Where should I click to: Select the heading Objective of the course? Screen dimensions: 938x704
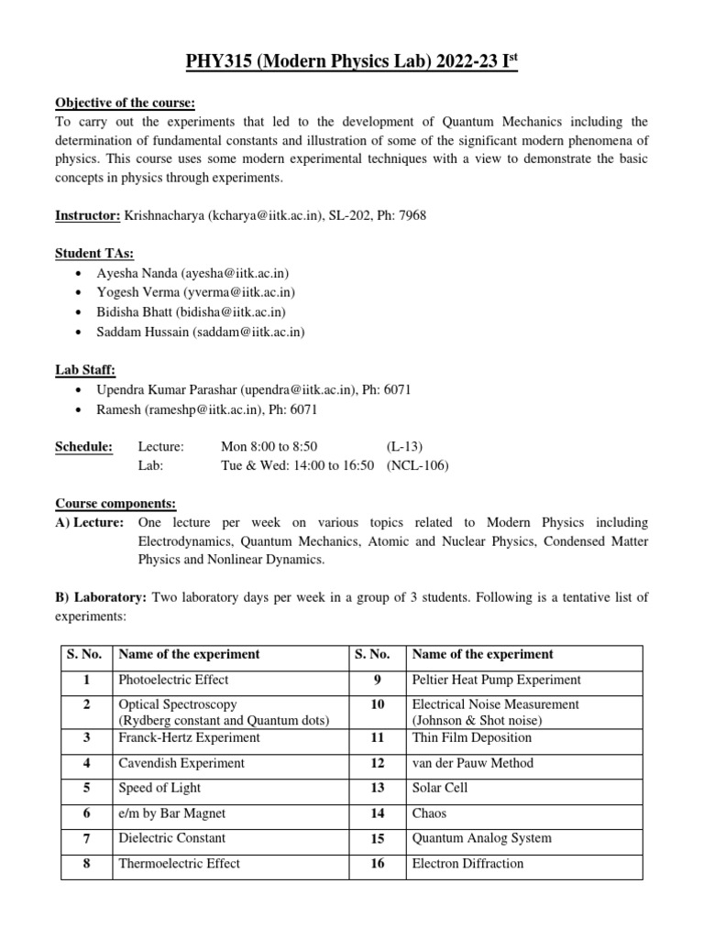coord(126,102)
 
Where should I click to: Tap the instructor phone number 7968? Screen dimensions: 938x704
coord(412,215)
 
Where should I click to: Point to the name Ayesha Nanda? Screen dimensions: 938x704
coord(137,273)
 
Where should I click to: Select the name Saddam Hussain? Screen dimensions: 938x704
coord(142,332)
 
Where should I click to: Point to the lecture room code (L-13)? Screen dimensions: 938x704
coord(404,446)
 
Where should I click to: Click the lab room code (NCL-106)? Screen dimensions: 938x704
coord(418,465)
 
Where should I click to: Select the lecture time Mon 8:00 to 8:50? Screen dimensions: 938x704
coord(269,446)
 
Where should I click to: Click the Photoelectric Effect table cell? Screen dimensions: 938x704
coord(174,680)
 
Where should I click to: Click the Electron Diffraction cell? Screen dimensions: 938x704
coord(467,863)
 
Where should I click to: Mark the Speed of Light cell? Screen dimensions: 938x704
coord(159,788)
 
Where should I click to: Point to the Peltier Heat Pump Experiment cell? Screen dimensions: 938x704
coord(496,680)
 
